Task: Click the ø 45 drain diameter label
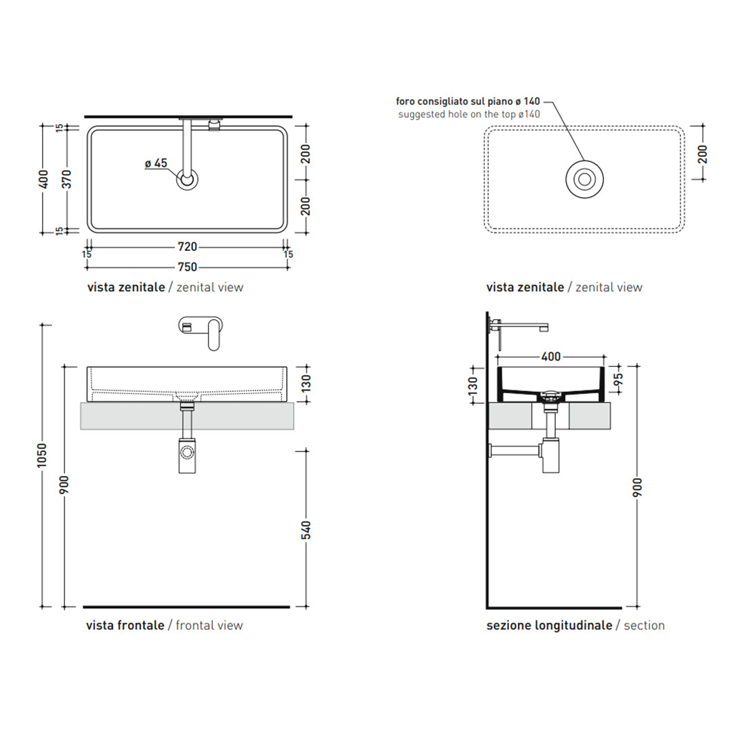(156, 163)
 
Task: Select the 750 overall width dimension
(187, 267)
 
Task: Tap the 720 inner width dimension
(187, 247)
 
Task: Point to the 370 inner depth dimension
(66, 179)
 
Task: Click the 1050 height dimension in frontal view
(43, 455)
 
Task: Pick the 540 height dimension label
(306, 530)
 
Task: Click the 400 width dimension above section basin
(551, 357)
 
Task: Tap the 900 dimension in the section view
(636, 487)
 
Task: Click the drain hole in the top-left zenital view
(187, 180)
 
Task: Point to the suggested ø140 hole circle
(584, 179)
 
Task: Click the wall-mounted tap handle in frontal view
(214, 334)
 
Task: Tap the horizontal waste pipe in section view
(515, 451)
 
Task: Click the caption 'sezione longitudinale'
(549, 626)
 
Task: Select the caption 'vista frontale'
(125, 626)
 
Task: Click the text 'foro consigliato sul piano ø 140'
(468, 101)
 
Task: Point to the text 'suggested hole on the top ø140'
(469, 115)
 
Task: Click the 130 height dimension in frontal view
(306, 383)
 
